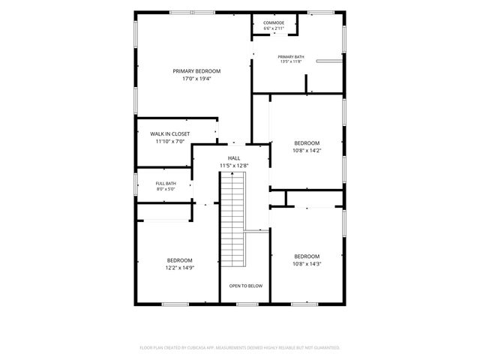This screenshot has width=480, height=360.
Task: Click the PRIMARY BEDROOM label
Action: click(x=196, y=71)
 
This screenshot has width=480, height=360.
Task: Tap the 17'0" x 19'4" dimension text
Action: click(x=196, y=79)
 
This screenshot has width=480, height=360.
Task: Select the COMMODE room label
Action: click(x=274, y=23)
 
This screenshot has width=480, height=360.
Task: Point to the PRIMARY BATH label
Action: click(x=291, y=57)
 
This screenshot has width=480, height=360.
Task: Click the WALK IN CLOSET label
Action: click(x=170, y=133)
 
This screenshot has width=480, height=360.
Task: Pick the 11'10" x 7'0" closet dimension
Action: click(x=170, y=142)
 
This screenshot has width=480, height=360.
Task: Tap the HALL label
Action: click(x=234, y=158)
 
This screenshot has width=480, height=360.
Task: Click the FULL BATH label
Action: click(x=166, y=183)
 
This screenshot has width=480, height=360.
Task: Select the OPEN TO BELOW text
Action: click(x=246, y=286)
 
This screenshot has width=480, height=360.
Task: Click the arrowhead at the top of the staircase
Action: click(x=232, y=173)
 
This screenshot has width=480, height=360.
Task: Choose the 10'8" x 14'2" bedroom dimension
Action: click(x=307, y=151)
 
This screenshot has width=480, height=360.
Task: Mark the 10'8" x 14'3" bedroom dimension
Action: click(x=307, y=264)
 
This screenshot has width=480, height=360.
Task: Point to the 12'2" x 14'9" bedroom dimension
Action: click(x=180, y=268)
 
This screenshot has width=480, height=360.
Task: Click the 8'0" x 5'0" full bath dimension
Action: click(x=166, y=189)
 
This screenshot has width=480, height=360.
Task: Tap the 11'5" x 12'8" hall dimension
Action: click(x=234, y=166)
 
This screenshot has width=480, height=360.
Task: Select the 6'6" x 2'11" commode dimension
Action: click(x=274, y=28)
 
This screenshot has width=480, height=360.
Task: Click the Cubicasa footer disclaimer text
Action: click(x=240, y=348)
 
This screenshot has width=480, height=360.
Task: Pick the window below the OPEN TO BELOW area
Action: click(x=247, y=304)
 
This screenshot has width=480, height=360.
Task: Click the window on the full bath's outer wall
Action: click(x=136, y=184)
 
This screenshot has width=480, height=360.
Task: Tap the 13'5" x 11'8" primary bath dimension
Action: click(x=291, y=61)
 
